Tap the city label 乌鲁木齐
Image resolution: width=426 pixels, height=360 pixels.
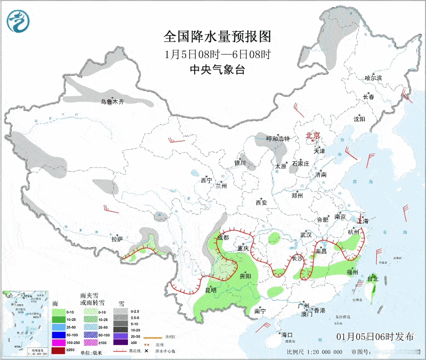tap(111, 102)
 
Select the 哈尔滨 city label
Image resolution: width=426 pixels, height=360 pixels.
tap(373, 78)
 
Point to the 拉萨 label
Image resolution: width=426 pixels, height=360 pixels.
tap(117, 240)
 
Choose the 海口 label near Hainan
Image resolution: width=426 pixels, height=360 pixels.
tap(287, 334)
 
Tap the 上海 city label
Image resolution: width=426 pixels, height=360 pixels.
tap(363, 221)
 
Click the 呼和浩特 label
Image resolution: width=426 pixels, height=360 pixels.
tap(277, 139)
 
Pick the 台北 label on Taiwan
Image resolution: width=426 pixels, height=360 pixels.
tap(373, 278)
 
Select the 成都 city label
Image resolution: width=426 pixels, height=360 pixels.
tap(224, 237)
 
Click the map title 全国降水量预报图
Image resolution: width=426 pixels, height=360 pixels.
tap(217, 37)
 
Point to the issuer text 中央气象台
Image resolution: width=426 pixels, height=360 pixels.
tap(217, 70)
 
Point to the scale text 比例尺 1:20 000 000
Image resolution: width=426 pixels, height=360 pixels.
tap(315, 352)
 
